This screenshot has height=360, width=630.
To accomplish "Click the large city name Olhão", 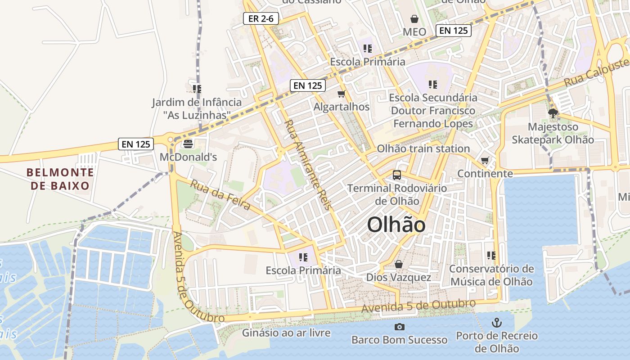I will (396, 225).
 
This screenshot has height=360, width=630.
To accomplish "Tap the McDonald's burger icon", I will (188, 144).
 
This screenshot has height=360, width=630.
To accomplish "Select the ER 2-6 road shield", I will (261, 18).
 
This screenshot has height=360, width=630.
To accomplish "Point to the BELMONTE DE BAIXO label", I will (60, 179).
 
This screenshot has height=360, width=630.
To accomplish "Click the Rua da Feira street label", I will (220, 195).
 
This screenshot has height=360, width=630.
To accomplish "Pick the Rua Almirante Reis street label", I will (307, 165).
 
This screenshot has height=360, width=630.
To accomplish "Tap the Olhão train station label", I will (423, 148).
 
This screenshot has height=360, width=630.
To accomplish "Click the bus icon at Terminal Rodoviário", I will (396, 175).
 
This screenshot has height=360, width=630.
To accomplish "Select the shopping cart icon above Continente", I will (485, 160).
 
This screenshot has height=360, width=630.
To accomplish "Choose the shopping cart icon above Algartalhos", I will (341, 94).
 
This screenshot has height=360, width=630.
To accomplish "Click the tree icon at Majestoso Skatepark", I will (553, 113).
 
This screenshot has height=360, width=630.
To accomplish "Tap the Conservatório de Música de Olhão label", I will (491, 275).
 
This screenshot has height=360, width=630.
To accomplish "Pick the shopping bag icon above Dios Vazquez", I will (398, 264).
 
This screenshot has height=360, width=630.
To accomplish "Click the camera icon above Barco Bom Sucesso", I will (399, 327).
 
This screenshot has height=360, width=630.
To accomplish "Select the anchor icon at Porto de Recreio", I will (496, 322).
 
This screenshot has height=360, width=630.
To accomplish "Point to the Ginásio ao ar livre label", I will (286, 333).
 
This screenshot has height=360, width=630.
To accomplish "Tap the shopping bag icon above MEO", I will (414, 19).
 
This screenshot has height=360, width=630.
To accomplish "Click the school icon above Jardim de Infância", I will (197, 88).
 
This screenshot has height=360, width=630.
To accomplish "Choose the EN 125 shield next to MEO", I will (453, 31).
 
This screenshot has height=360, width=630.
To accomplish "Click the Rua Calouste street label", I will (597, 72).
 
